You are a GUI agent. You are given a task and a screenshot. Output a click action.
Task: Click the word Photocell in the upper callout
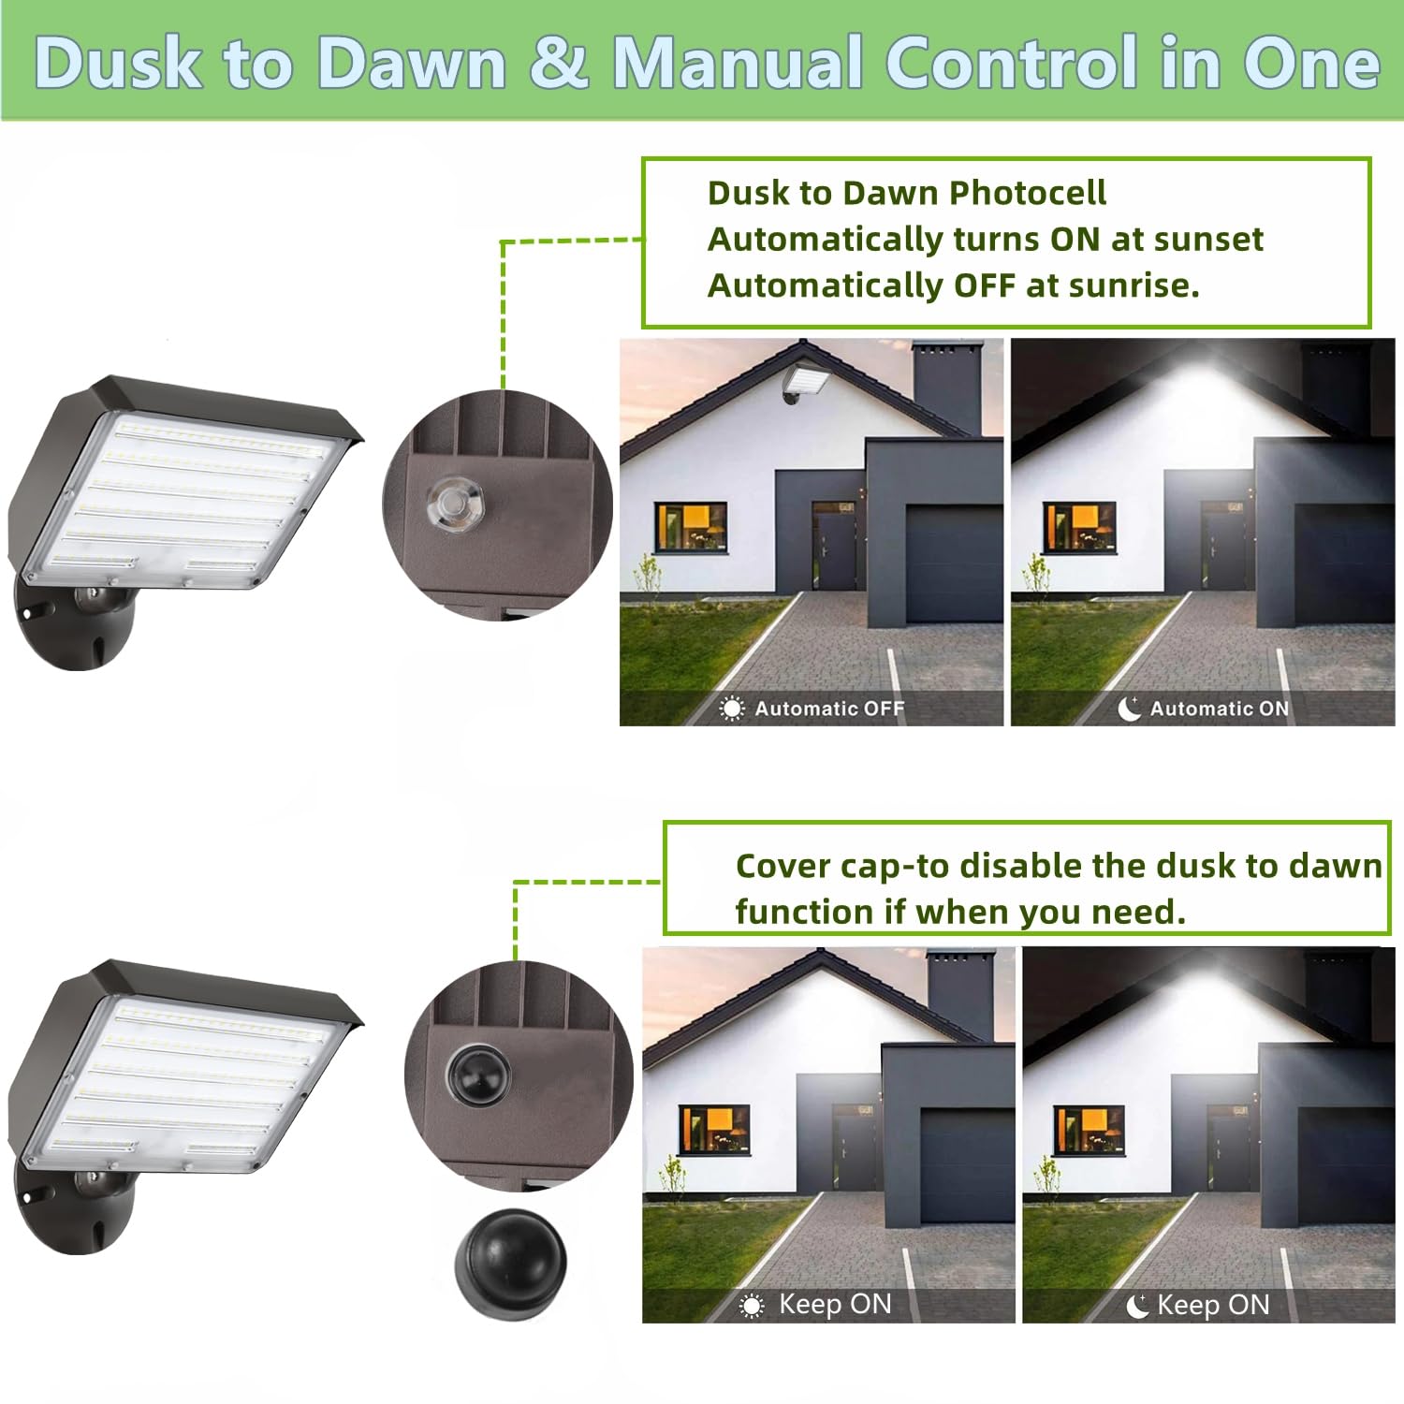[x=1028, y=193]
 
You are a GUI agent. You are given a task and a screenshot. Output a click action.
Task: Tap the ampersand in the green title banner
[x=559, y=64]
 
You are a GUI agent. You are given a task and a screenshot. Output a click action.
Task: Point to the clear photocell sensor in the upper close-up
[x=454, y=503]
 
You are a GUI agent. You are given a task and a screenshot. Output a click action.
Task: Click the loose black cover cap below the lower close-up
[x=511, y=1263]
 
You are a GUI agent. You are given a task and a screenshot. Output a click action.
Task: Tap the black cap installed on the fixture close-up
[x=477, y=1073]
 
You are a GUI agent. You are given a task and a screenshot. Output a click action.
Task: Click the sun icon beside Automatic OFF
[x=732, y=709]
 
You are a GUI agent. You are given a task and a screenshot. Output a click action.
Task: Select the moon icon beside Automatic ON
[x=1130, y=709]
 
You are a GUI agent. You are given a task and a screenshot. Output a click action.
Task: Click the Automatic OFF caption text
[x=829, y=709]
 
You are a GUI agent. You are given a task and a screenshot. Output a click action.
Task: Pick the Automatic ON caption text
[x=1220, y=709]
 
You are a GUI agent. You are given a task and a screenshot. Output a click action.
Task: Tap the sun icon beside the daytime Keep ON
[x=752, y=1306]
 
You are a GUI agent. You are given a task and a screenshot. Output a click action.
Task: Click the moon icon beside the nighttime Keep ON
[x=1137, y=1306]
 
